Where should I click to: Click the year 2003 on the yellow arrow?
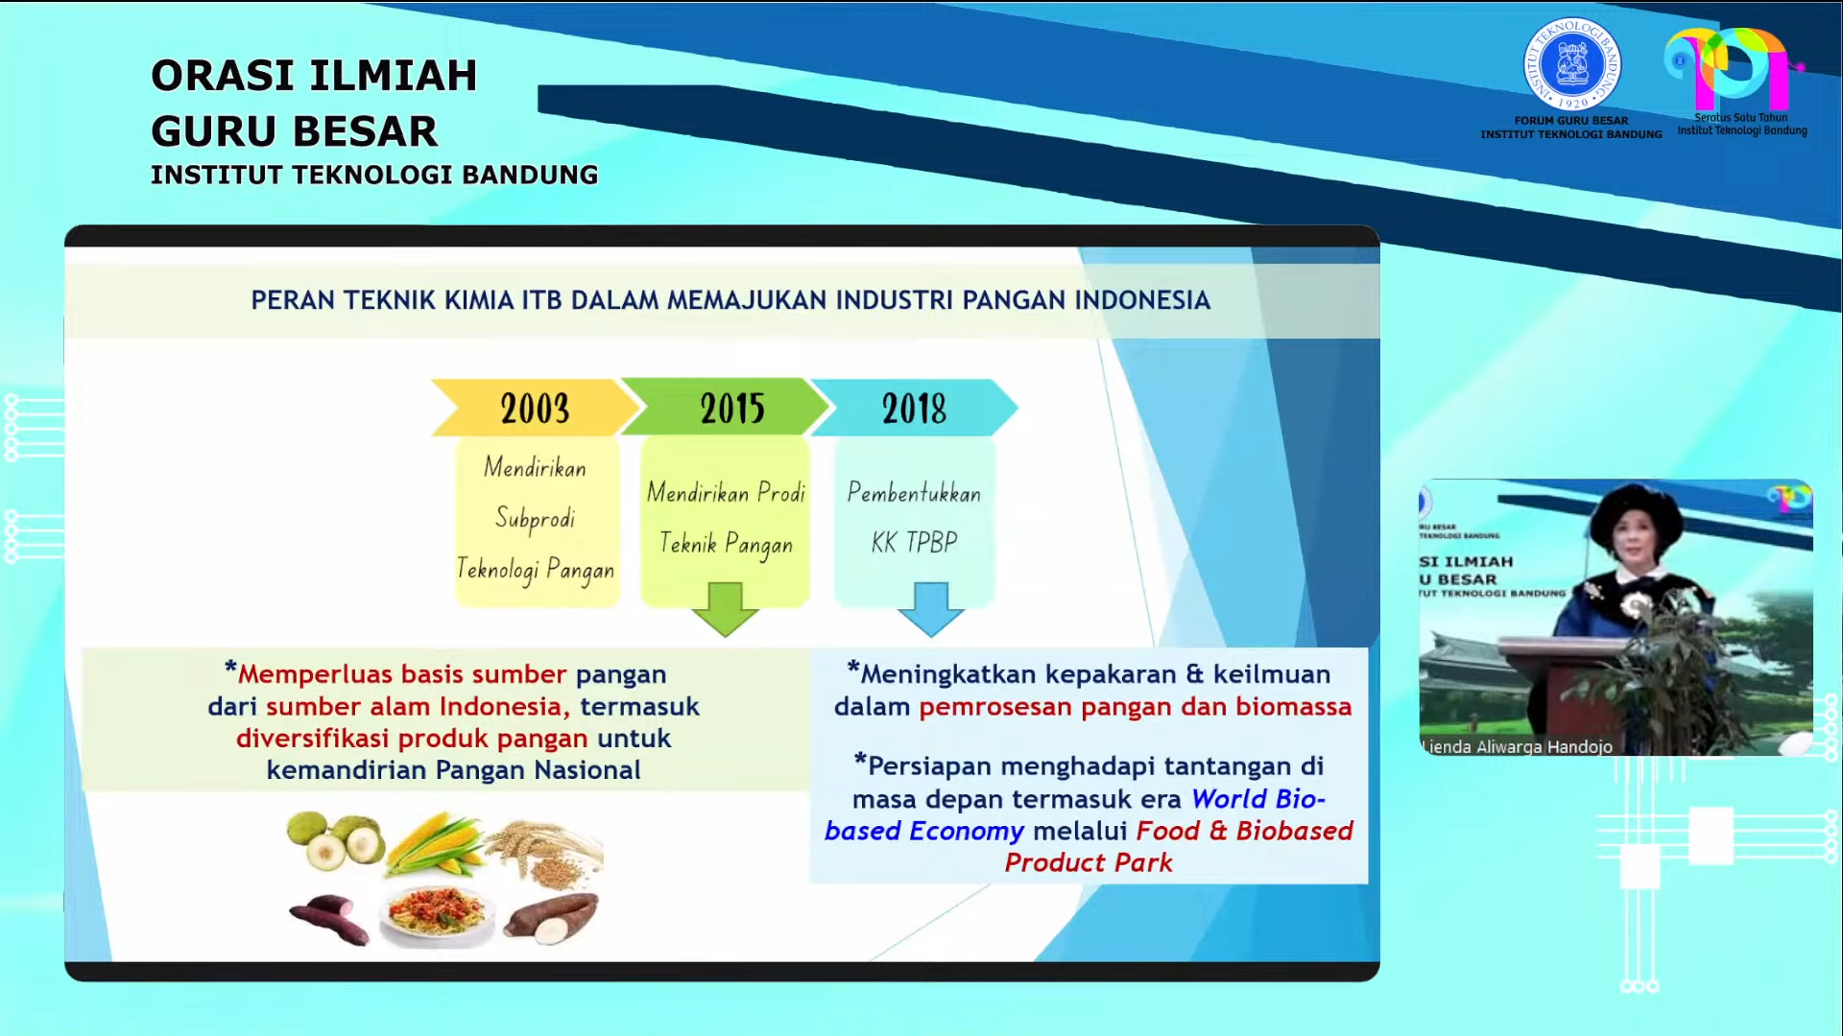(535, 409)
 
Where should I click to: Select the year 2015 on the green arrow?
(732, 409)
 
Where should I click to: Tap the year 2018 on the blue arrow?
(914, 409)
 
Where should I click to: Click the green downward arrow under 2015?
(725, 608)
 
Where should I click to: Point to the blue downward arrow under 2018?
(930, 608)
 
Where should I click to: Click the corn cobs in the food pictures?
(435, 844)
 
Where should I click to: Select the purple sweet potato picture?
(329, 918)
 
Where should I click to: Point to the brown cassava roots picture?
(551, 916)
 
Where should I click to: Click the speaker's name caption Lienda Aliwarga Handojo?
(1517, 746)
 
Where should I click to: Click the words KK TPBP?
(914, 542)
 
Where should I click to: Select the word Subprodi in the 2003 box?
(535, 518)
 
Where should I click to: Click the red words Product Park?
(1089, 862)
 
